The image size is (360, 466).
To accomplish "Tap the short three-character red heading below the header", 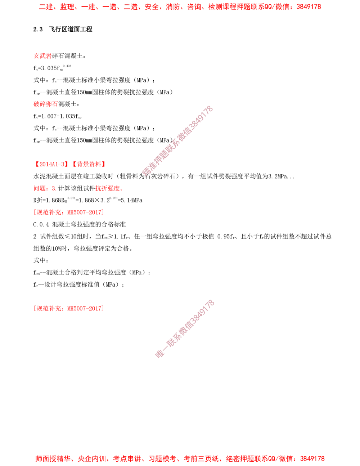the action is tap(42, 56).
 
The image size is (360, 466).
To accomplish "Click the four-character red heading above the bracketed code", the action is tap(45, 105).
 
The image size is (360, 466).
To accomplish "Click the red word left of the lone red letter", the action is tap(40, 188).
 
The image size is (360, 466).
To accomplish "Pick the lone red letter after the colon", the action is tap(53, 188).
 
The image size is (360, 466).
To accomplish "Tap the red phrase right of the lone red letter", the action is tap(109, 188).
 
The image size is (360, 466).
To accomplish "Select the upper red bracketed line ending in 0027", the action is tap(68, 212).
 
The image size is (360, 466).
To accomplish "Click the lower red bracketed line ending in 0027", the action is tap(68, 309).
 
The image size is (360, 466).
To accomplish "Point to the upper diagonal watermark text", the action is tap(177, 140).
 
